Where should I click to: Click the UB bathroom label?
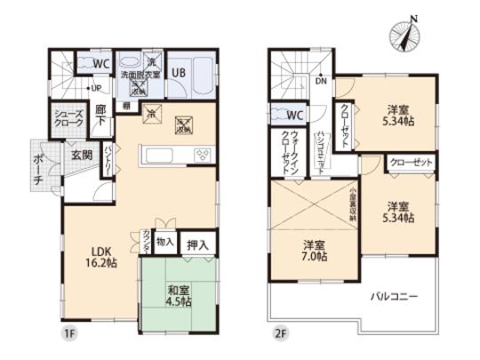pos(178,72)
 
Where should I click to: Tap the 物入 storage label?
pos(164,241)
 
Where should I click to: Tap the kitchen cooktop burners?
pos(202,156)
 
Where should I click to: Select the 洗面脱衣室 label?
pos(140,76)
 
